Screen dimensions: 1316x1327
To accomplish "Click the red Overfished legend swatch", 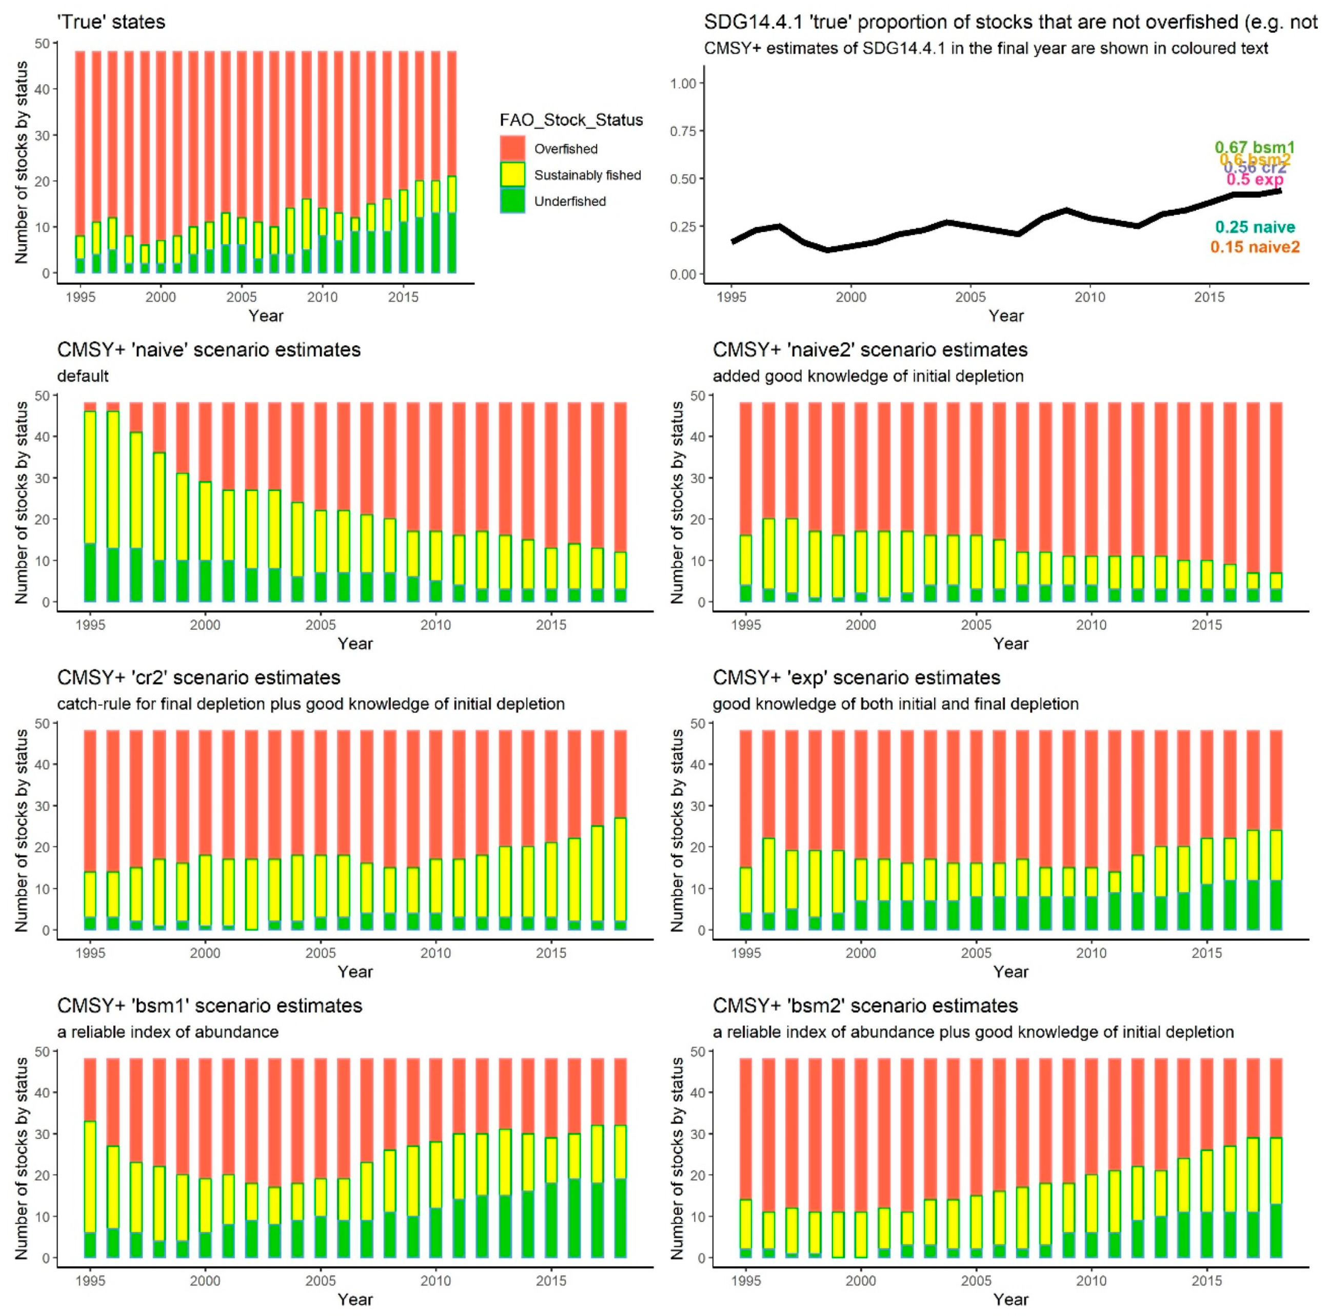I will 512,148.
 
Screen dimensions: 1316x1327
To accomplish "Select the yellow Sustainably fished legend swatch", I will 512,174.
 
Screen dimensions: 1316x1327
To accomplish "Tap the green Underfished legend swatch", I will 512,201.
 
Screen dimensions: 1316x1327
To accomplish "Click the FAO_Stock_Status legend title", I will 571,120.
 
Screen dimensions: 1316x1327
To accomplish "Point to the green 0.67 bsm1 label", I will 1254,147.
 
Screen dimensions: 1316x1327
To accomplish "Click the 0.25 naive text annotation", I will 1255,227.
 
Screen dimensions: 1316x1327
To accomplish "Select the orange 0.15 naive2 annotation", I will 1255,247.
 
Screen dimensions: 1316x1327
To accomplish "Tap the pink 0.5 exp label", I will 1255,179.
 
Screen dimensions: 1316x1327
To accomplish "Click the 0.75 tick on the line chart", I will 683,131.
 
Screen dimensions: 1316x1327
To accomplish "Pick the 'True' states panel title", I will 111,22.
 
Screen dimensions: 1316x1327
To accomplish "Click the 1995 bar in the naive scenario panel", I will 90,501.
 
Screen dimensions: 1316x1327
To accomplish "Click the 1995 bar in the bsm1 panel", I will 90,1158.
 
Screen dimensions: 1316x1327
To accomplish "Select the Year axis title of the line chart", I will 1005,316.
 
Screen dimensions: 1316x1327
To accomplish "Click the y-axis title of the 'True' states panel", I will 22,162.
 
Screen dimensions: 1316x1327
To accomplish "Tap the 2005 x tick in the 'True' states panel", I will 241,297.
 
